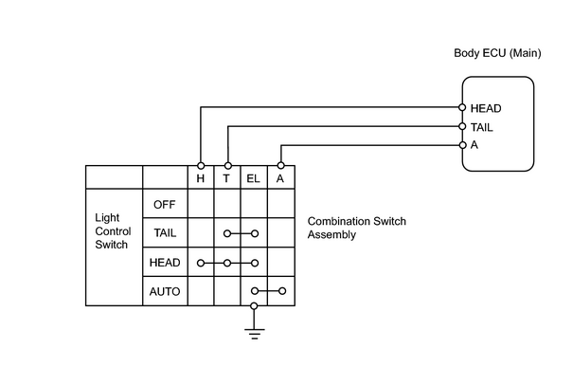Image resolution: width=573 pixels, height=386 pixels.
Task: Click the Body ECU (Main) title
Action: pos(497,53)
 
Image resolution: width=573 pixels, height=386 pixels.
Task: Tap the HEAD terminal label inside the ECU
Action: pos(486,108)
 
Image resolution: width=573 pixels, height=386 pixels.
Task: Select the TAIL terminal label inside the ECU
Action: pos(482,127)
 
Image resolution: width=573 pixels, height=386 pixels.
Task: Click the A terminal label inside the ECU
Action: pos(475,145)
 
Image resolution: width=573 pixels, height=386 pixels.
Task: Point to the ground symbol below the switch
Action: pos(255,334)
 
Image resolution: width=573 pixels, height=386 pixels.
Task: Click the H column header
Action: pos(200,178)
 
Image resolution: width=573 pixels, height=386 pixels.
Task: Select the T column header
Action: pos(226,178)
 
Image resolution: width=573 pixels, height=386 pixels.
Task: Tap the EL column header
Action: pos(253,178)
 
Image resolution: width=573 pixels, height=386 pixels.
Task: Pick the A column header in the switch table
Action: pos(280,178)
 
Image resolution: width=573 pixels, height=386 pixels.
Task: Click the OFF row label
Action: pos(165,205)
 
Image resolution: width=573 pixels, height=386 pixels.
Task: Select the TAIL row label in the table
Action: pos(165,232)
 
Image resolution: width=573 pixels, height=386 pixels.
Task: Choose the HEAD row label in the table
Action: pos(165,263)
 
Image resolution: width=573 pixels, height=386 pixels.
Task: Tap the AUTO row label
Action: pos(165,291)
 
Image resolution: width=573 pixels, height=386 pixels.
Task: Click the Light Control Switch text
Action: pos(113,230)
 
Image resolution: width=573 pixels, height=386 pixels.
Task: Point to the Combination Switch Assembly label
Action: pos(357,228)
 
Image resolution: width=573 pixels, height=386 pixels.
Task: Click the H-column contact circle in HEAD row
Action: pos(200,263)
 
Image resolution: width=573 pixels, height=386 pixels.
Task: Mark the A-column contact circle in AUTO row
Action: pos(282,291)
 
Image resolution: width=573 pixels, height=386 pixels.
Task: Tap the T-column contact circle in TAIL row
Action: pos(227,233)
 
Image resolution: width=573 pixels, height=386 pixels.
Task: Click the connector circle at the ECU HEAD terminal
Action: pos(462,107)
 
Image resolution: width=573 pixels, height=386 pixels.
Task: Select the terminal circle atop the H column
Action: pos(201,166)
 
